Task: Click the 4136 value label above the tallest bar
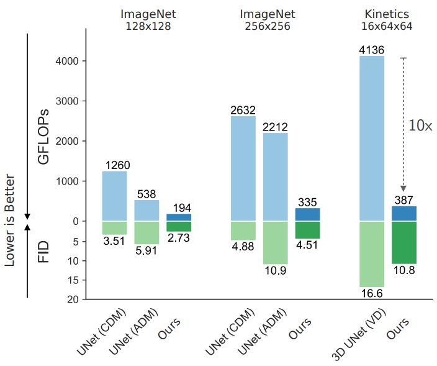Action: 371,50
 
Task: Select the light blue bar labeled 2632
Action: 243,168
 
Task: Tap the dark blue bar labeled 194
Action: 179,217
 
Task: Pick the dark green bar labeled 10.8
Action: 404,242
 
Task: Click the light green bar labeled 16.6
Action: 372,254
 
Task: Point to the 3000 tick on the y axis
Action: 67,101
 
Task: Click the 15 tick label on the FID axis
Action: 73,280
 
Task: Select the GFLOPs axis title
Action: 43,137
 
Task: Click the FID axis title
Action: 43,252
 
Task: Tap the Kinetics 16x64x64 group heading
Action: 387,20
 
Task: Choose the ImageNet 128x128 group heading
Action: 148,20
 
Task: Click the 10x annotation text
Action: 420,126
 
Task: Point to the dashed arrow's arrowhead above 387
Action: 403,188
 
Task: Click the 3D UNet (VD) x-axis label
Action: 359,334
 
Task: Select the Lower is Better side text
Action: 10,221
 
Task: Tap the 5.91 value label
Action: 146,250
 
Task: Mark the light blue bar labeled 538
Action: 147,211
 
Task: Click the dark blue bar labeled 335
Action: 308,214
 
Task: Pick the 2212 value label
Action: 275,127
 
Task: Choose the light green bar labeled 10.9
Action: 276,243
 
